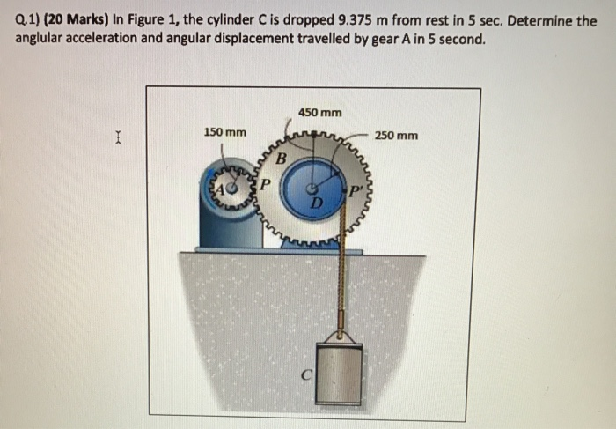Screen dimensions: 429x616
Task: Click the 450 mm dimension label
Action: click(x=319, y=112)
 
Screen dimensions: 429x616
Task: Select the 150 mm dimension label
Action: click(x=224, y=132)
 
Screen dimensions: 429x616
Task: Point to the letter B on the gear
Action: click(x=281, y=159)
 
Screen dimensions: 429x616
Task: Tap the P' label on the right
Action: click(x=356, y=191)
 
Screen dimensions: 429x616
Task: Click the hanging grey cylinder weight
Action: click(x=338, y=375)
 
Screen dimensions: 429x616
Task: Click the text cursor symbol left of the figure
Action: click(x=117, y=137)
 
